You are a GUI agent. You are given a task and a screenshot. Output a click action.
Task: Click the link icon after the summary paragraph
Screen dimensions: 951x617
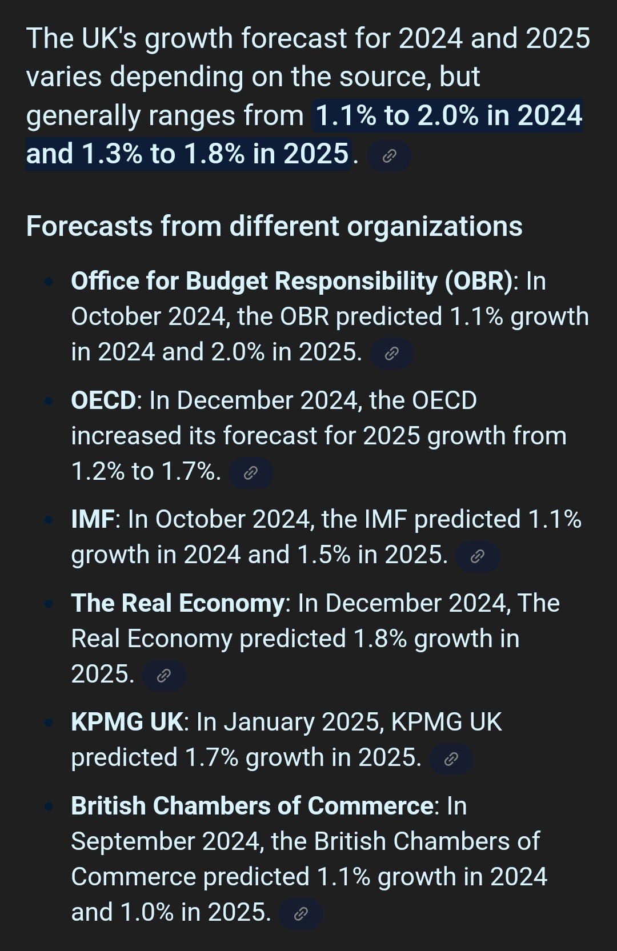coord(389,155)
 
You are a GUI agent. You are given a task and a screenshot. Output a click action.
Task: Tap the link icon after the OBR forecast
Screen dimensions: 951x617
coord(391,354)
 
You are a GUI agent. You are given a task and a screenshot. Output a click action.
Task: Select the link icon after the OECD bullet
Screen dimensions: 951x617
coord(251,473)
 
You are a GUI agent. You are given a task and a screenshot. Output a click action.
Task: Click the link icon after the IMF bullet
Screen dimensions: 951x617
coord(478,556)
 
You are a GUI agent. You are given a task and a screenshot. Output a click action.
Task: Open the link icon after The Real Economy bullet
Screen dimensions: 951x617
coord(164,676)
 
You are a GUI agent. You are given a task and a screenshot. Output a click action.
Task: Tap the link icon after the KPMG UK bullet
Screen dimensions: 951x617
coord(451,759)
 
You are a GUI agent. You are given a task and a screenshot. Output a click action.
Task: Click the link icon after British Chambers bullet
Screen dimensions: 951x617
coord(301,914)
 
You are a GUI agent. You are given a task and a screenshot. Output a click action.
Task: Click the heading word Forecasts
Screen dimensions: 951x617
coord(89,226)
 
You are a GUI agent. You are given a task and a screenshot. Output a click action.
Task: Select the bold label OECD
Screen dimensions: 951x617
coord(103,400)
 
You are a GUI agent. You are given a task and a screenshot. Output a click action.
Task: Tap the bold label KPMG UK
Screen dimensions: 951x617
coord(127,722)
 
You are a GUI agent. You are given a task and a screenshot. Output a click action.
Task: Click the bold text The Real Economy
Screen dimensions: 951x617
coord(178,603)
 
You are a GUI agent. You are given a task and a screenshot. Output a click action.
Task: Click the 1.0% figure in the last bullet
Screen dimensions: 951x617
coord(147,912)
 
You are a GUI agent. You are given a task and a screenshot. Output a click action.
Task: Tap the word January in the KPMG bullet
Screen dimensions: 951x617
coord(269,722)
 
